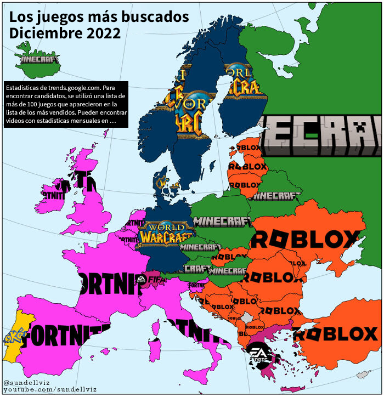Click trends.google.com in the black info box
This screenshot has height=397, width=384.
[63, 88]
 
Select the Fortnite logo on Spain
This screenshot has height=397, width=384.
[66, 334]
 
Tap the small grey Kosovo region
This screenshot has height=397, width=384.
[249, 317]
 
